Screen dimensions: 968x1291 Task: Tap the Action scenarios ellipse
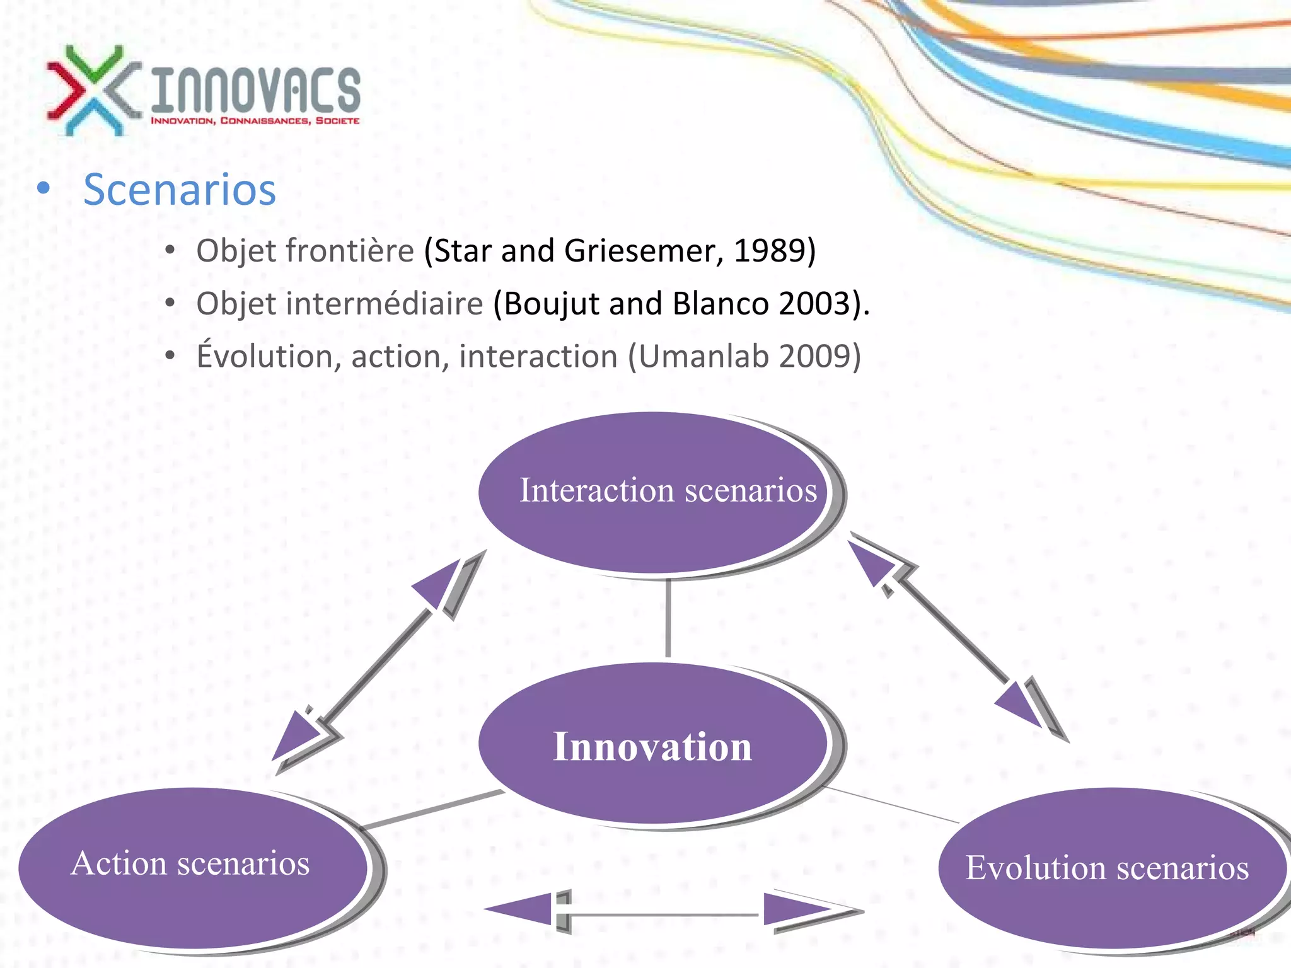coord(192,867)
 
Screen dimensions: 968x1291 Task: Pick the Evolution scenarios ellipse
coord(1109,868)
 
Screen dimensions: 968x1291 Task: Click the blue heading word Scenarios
coord(180,190)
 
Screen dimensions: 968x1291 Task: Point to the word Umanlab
coord(705,357)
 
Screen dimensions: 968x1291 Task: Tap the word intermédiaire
coord(385,304)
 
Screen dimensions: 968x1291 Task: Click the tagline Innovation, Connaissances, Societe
coord(255,120)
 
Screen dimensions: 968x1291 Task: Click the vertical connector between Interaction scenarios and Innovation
coord(668,618)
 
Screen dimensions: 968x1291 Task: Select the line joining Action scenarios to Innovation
coord(435,810)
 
